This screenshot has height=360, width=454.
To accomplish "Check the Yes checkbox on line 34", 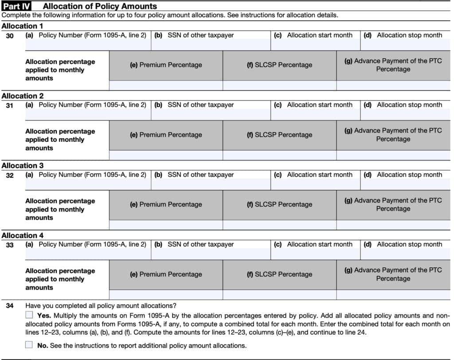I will tap(29, 315).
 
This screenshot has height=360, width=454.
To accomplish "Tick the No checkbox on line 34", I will tap(29, 345).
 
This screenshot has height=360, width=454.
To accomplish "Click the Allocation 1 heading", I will tap(23, 26).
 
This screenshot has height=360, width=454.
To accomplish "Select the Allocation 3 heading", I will tap(23, 166).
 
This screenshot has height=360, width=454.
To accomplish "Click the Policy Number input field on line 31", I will tap(88, 114).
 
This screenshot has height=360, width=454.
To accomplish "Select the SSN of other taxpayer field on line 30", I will tap(211, 45).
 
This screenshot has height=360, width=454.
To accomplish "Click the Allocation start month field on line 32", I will tap(315, 184).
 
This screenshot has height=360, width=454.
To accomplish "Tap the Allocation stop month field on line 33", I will tap(406, 254).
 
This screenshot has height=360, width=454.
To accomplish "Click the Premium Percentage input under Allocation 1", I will tap(166, 85).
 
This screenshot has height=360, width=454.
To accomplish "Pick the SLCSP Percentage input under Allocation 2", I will tap(279, 155).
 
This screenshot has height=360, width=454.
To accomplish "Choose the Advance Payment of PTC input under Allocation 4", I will tap(393, 295).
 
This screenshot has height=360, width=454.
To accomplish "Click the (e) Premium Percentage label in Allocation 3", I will tap(166, 204).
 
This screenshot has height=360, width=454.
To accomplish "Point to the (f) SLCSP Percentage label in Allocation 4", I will tap(279, 274).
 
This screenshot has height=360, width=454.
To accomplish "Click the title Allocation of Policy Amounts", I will tap(100, 6).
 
